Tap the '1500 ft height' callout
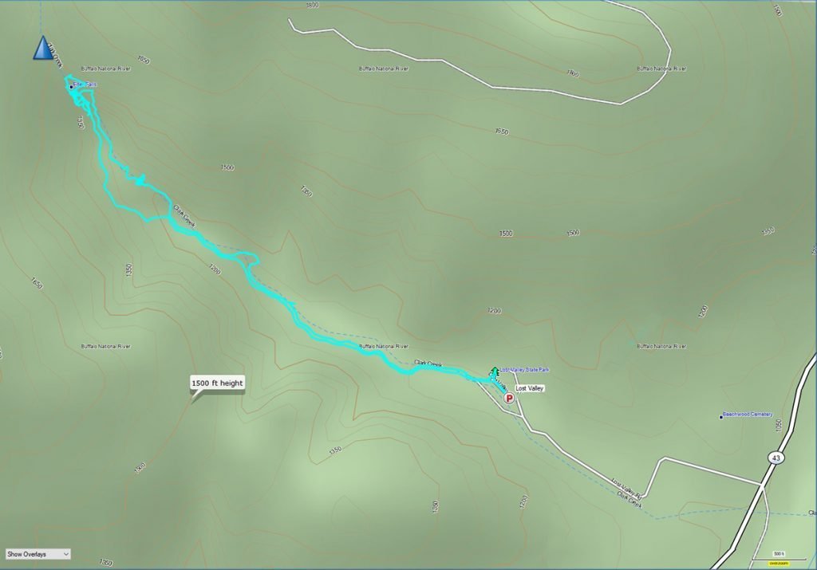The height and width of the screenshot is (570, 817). (217, 383)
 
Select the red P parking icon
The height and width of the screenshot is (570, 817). (508, 397)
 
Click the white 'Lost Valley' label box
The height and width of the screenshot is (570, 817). (529, 388)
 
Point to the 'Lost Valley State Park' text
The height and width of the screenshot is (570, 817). (525, 370)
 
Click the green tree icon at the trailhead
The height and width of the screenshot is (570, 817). (495, 371)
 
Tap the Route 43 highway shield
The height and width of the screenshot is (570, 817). (775, 458)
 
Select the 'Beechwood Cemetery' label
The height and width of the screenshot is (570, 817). (748, 415)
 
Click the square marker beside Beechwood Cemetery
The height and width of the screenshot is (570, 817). (720, 415)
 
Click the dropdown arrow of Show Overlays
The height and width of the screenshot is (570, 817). (65, 553)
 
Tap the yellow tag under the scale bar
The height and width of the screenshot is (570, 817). (778, 564)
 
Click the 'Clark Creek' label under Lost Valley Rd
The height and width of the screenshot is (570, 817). (629, 499)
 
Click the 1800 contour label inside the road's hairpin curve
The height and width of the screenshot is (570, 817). (572, 73)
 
